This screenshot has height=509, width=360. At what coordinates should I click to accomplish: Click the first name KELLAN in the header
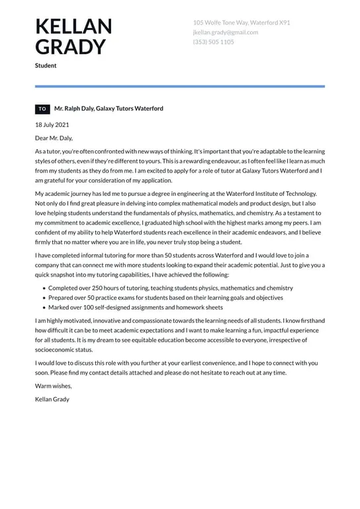[x=73, y=26]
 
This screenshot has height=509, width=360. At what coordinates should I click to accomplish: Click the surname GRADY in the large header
[x=70, y=47]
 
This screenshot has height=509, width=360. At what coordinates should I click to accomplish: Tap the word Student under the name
[x=46, y=66]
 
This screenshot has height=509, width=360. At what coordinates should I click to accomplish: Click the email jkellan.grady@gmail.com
[x=226, y=32]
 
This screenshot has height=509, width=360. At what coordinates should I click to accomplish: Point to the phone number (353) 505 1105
[x=214, y=42]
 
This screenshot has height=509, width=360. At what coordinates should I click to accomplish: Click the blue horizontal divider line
[x=180, y=86]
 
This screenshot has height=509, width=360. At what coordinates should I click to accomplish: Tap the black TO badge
[x=42, y=109]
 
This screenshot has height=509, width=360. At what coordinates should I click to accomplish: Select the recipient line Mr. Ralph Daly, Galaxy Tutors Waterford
[x=109, y=109]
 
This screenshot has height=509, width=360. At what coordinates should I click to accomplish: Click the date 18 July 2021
[x=52, y=124]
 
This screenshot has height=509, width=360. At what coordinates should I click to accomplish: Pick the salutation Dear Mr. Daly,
[x=54, y=138]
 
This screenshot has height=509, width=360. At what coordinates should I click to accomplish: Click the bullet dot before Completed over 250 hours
[x=44, y=289]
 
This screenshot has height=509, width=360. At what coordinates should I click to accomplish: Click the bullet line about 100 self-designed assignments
[x=136, y=307]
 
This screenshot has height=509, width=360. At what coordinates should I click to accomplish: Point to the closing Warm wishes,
[x=54, y=386]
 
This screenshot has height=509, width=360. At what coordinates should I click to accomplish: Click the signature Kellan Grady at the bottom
[x=52, y=399]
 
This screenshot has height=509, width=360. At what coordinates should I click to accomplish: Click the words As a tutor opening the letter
[x=49, y=152]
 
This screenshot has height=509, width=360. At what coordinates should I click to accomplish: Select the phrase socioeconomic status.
[x=64, y=349]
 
